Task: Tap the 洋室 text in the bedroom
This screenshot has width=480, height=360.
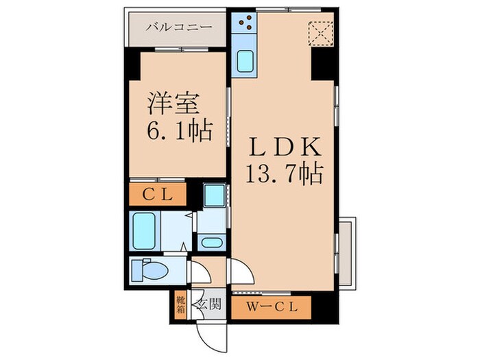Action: pos(174,104)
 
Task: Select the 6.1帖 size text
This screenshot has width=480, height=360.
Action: pos(177,129)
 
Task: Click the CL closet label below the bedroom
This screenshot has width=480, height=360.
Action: pos(156,194)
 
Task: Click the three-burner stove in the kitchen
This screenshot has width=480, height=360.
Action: pos(244,25)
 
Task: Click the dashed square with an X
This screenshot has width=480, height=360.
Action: pos(320,32)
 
